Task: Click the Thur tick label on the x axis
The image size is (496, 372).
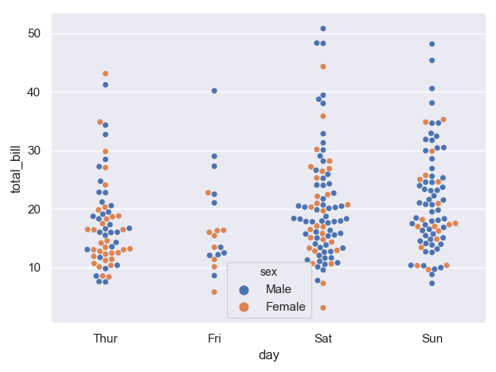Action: [105, 339]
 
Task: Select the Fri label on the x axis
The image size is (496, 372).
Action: [214, 339]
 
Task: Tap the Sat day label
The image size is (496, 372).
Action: [323, 339]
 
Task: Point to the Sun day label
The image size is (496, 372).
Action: [432, 339]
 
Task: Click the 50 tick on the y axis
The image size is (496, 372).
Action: [35, 33]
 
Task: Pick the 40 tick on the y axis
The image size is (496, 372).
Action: [35, 92]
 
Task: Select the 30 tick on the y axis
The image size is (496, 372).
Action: [35, 151]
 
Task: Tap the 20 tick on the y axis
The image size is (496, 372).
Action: [35, 209]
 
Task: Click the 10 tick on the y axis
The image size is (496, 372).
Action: [35, 268]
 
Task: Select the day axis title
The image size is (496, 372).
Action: [269, 355]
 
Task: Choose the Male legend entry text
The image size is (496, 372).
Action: [279, 289]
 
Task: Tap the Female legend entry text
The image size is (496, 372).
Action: [286, 307]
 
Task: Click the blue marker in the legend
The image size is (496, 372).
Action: [244, 289]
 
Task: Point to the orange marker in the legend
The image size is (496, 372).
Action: [244, 307]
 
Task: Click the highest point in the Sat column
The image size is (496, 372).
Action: [323, 29]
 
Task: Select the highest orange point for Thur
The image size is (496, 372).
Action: [106, 74]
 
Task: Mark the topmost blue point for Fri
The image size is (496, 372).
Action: [214, 91]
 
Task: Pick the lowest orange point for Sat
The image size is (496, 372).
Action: [323, 307]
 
